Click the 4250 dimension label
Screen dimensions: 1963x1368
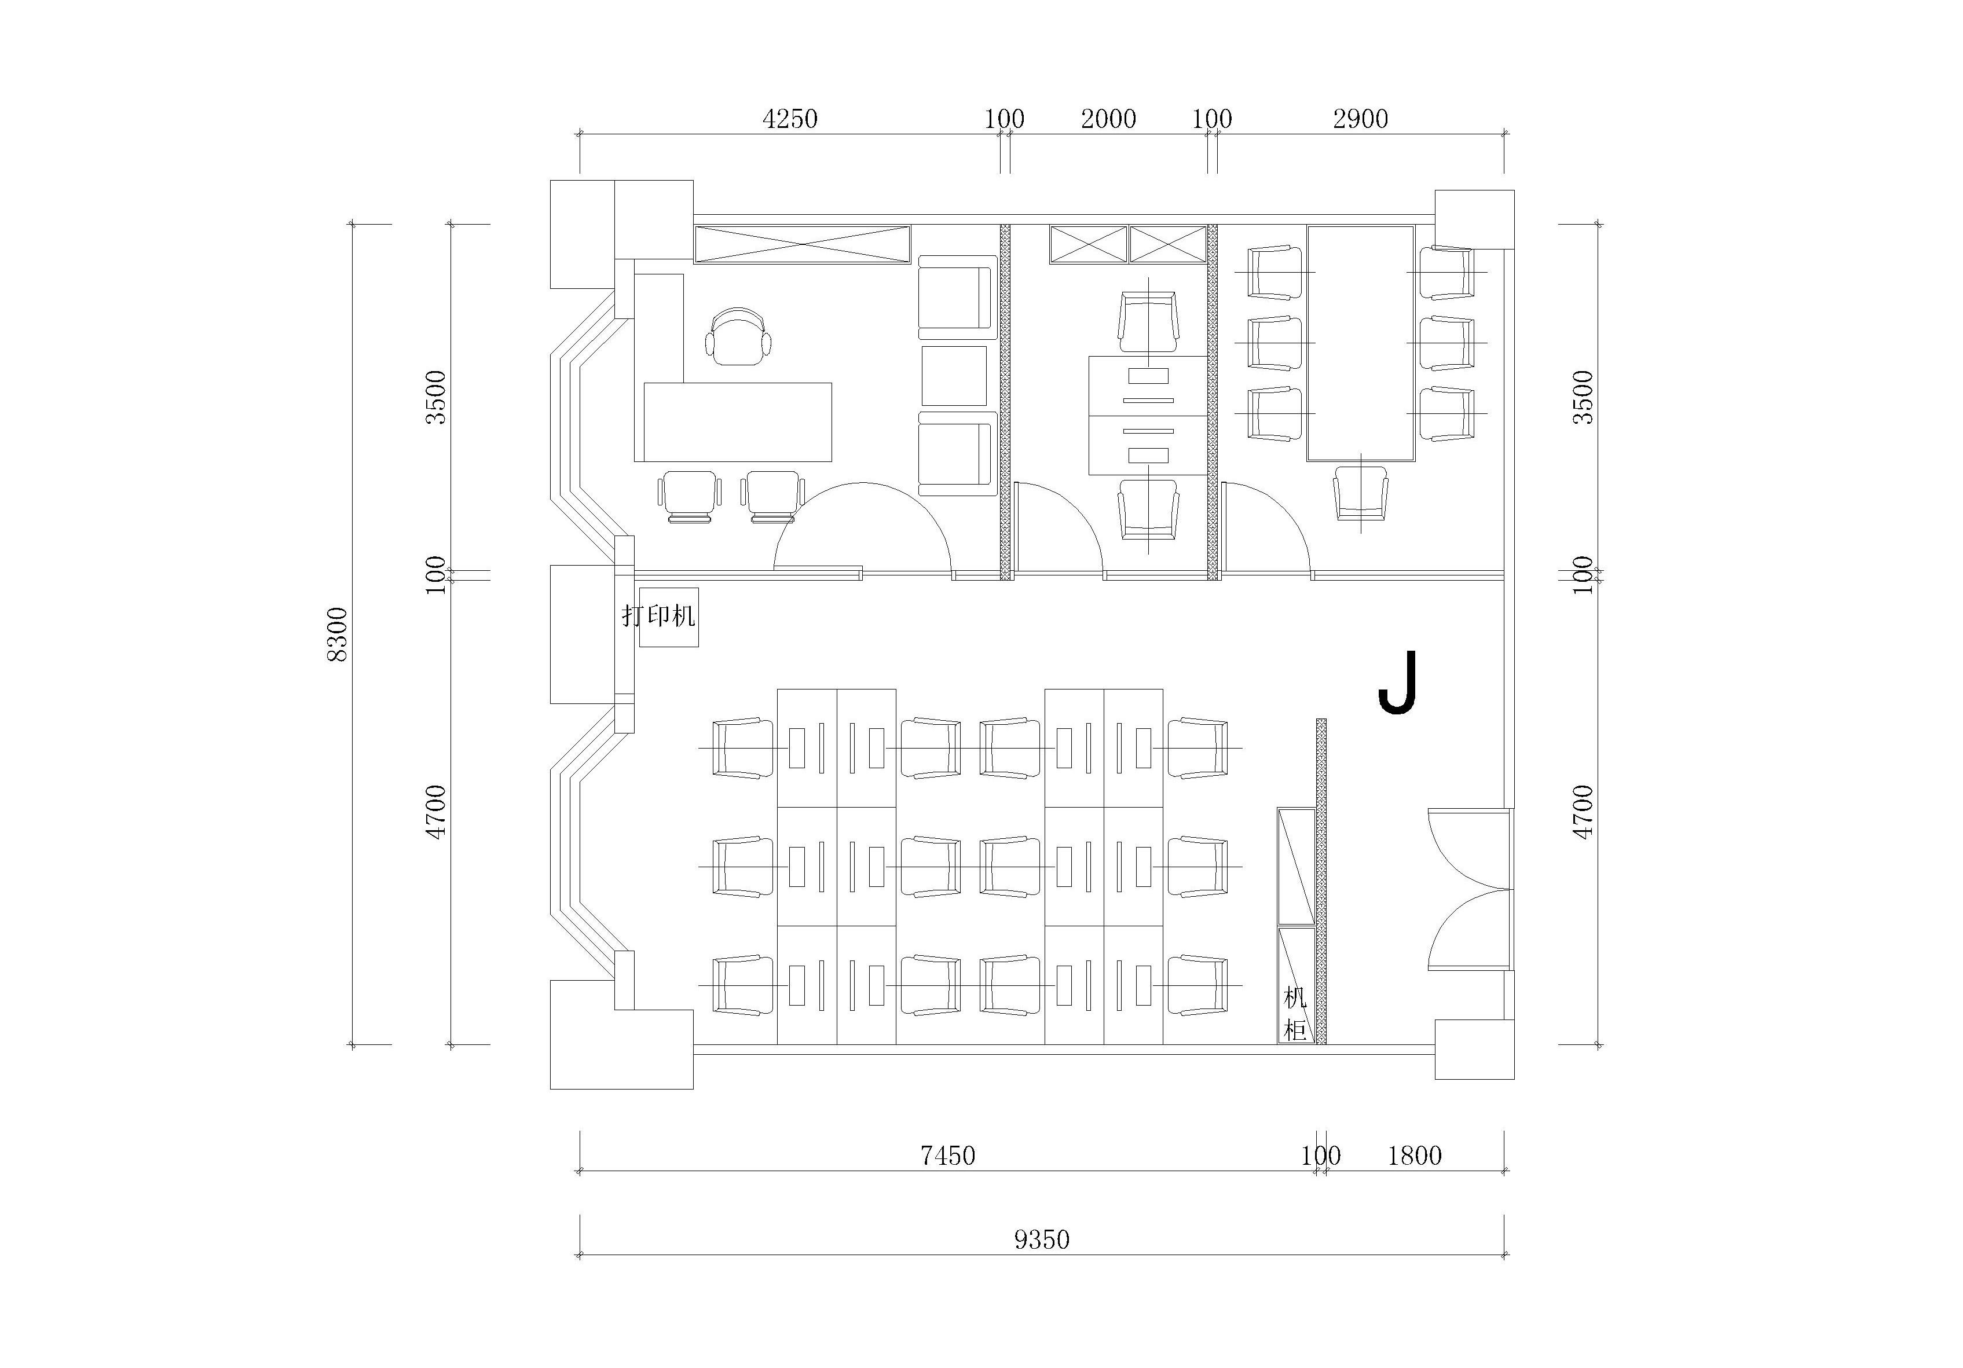tap(790, 119)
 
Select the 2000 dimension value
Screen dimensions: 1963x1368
tap(1108, 119)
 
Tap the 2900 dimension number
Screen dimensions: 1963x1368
tap(1360, 119)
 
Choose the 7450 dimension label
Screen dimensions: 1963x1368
tap(947, 1156)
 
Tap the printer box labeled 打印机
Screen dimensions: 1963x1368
tap(669, 617)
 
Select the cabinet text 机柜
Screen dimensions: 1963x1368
tap(1295, 1014)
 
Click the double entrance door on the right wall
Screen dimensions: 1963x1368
tap(1469, 889)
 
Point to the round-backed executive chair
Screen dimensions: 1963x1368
tap(738, 337)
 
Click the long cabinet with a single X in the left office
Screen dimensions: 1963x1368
tap(802, 244)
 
